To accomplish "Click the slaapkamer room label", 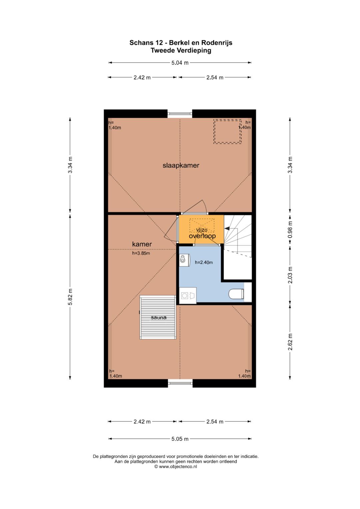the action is click(x=181, y=165).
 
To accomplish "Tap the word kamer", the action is click(x=142, y=244).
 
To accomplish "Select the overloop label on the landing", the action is click(x=202, y=236).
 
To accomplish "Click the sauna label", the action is click(x=159, y=317).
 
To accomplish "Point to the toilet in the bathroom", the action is click(x=236, y=294).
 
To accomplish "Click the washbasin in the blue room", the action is click(x=185, y=260).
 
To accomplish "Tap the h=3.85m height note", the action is click(x=141, y=253).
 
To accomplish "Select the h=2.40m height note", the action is click(x=204, y=262).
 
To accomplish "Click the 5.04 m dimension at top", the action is click(x=180, y=63).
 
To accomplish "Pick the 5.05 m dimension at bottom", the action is click(x=180, y=439).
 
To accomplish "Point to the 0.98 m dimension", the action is click(x=290, y=229).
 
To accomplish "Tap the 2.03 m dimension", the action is click(x=290, y=275).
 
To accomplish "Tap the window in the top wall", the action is click(x=180, y=114).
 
